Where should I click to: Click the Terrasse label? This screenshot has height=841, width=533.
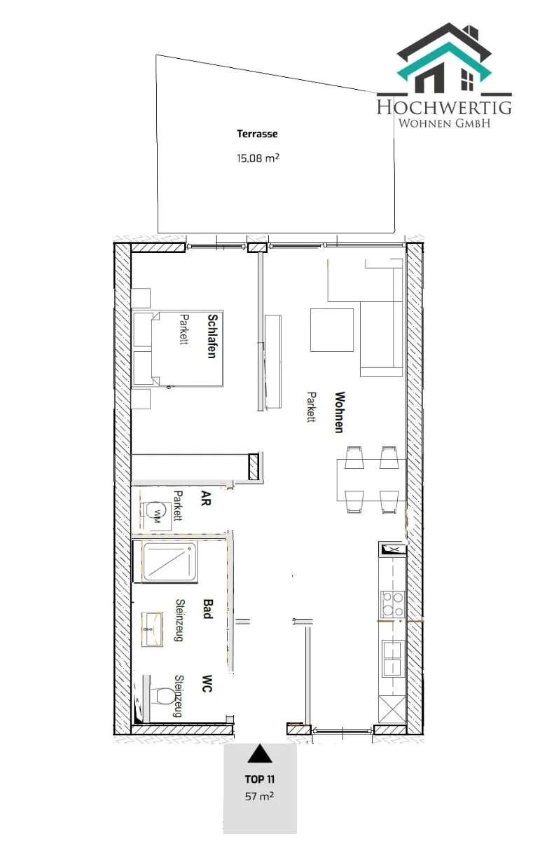point(257,134)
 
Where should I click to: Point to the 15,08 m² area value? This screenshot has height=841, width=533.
point(258,158)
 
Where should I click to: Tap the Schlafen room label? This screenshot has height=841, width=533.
point(212,336)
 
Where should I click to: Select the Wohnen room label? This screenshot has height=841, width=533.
point(340,412)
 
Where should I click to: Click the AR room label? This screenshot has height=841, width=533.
point(206,498)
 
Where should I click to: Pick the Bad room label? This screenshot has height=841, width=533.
point(208,608)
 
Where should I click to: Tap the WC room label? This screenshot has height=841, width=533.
point(207,683)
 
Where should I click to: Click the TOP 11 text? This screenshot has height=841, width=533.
point(260,779)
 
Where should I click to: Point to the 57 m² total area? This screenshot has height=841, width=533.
point(259,795)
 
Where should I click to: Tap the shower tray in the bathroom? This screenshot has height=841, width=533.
point(169,562)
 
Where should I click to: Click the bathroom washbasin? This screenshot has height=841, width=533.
point(152,629)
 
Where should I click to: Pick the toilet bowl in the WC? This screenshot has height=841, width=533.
point(161,696)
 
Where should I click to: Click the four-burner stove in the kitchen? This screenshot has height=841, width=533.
point(393,604)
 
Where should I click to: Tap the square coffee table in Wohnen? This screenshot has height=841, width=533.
point(332,329)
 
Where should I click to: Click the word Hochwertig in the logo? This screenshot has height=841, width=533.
point(444,107)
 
